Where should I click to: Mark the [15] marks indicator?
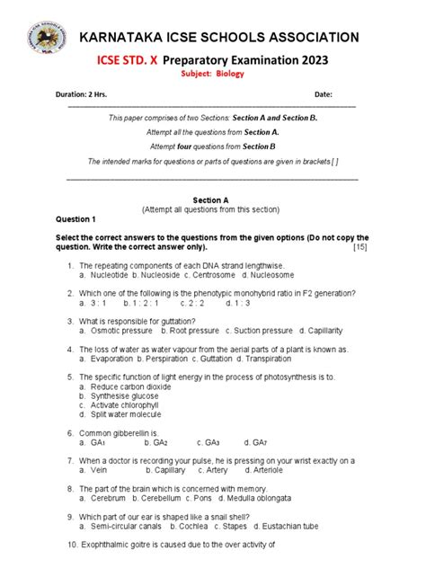point(359,247)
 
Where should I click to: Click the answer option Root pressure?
point(191,330)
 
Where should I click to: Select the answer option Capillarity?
point(330,330)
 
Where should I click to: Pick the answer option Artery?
point(215,470)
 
